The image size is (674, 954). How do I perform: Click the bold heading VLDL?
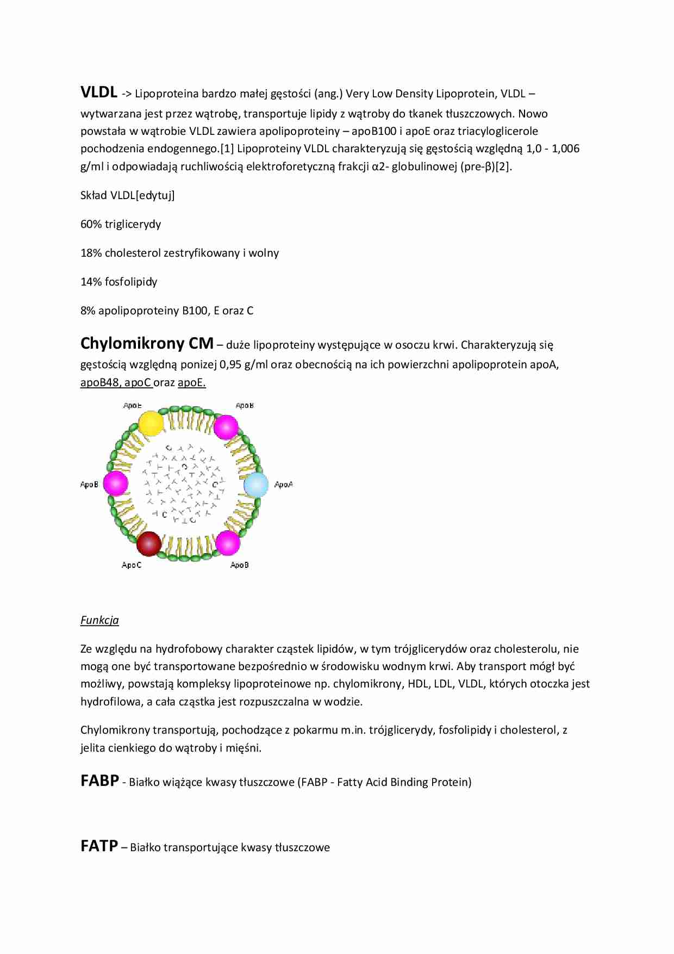(98, 92)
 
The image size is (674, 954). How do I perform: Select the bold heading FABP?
(99, 781)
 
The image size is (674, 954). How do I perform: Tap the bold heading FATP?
(99, 846)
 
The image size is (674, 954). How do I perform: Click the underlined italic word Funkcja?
(99, 620)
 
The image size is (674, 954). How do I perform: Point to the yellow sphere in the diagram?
(151, 424)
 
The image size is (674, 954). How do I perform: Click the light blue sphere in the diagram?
(256, 485)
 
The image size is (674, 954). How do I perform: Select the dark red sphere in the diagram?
(148, 543)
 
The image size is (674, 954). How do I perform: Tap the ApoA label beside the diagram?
(283, 485)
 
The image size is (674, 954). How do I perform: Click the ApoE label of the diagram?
(132, 406)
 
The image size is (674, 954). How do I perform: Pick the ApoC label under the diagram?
(131, 565)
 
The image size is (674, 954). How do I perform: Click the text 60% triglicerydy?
(121, 224)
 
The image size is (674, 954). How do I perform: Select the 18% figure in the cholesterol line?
(91, 253)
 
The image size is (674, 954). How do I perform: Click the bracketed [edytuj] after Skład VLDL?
(155, 195)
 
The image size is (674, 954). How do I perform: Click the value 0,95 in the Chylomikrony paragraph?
(230, 364)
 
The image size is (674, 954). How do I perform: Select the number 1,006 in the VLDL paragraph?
(565, 148)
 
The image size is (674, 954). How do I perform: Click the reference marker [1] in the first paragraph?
(227, 148)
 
